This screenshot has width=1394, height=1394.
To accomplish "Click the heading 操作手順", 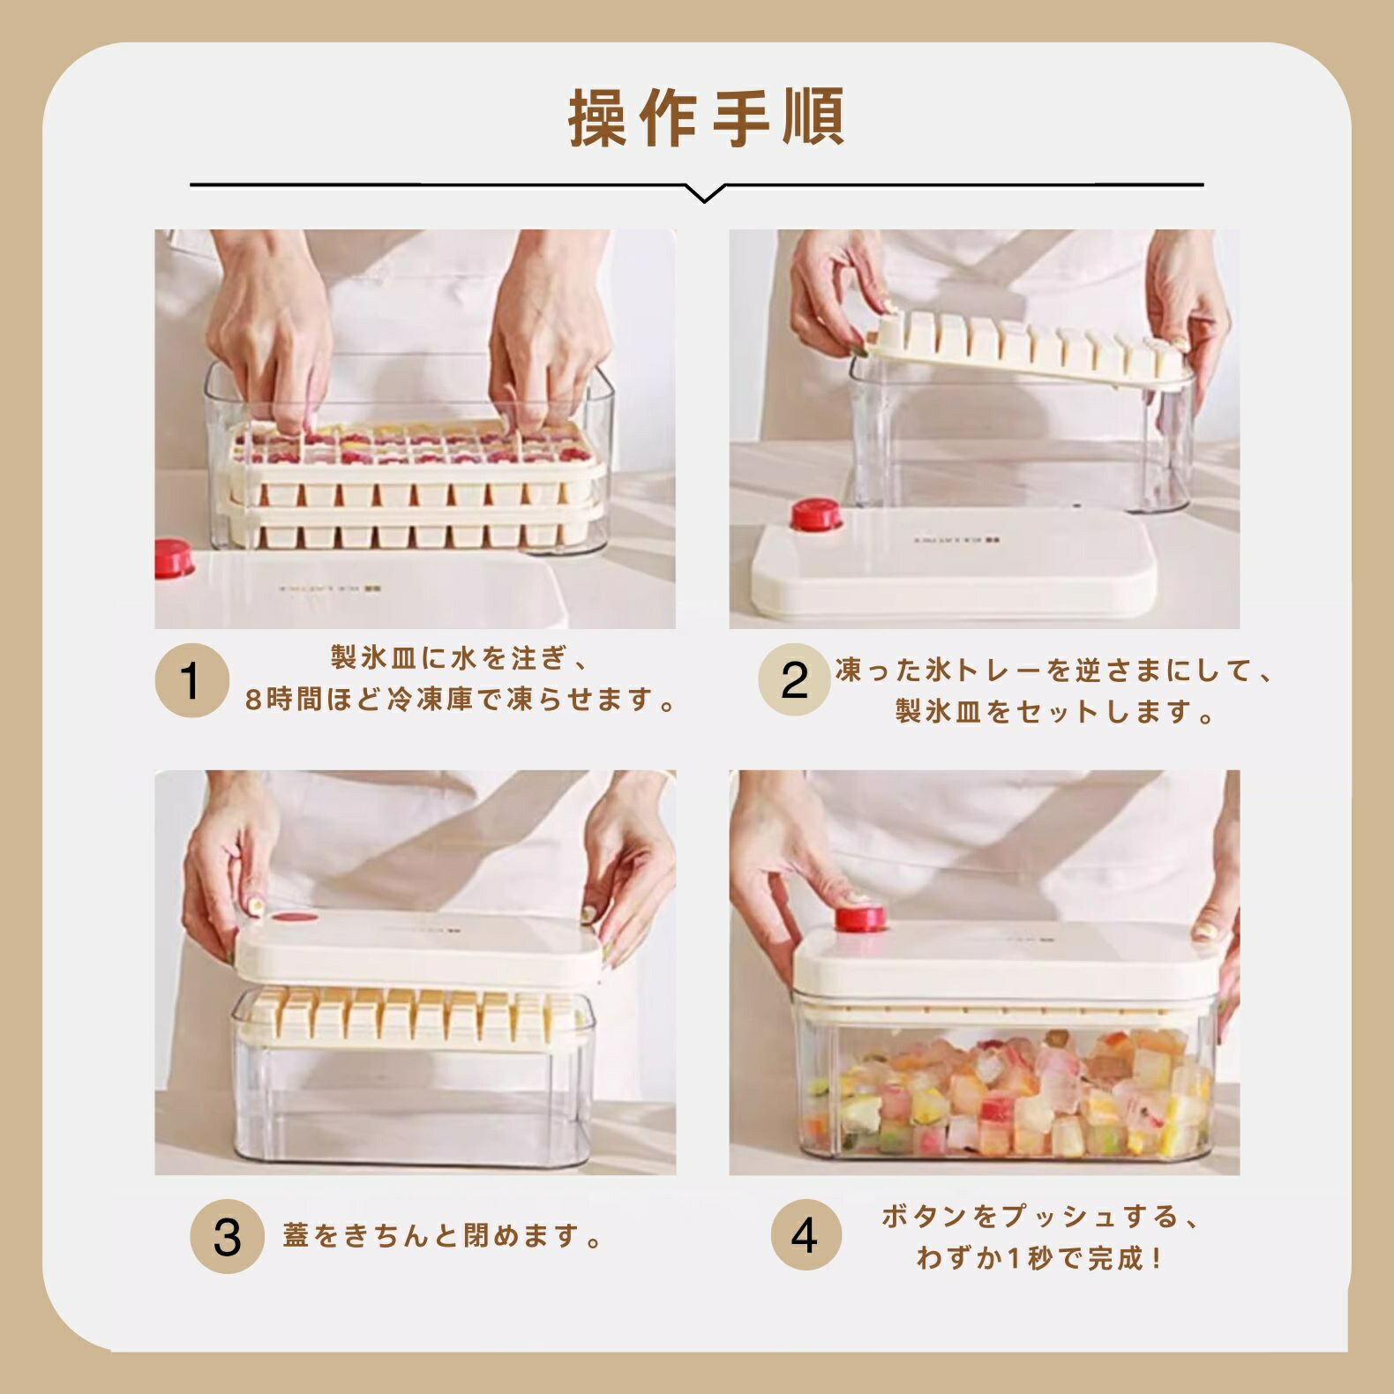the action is (x=706, y=117).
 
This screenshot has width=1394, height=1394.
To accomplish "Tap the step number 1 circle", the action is (x=191, y=680).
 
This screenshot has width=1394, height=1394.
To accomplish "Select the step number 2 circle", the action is (x=794, y=680).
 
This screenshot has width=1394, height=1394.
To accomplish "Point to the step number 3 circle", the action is (x=228, y=1235).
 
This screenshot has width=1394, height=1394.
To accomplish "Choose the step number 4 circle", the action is (x=806, y=1234).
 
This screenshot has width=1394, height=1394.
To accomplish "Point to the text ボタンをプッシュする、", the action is (x=1041, y=1217).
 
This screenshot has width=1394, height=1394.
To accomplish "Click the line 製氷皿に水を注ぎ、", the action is (x=459, y=658).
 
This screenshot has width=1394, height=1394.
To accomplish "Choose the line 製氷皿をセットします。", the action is (x=1056, y=711).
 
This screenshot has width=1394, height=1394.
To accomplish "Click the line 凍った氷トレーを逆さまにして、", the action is (x=1056, y=671).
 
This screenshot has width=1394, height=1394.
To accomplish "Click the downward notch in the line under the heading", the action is (x=704, y=195).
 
